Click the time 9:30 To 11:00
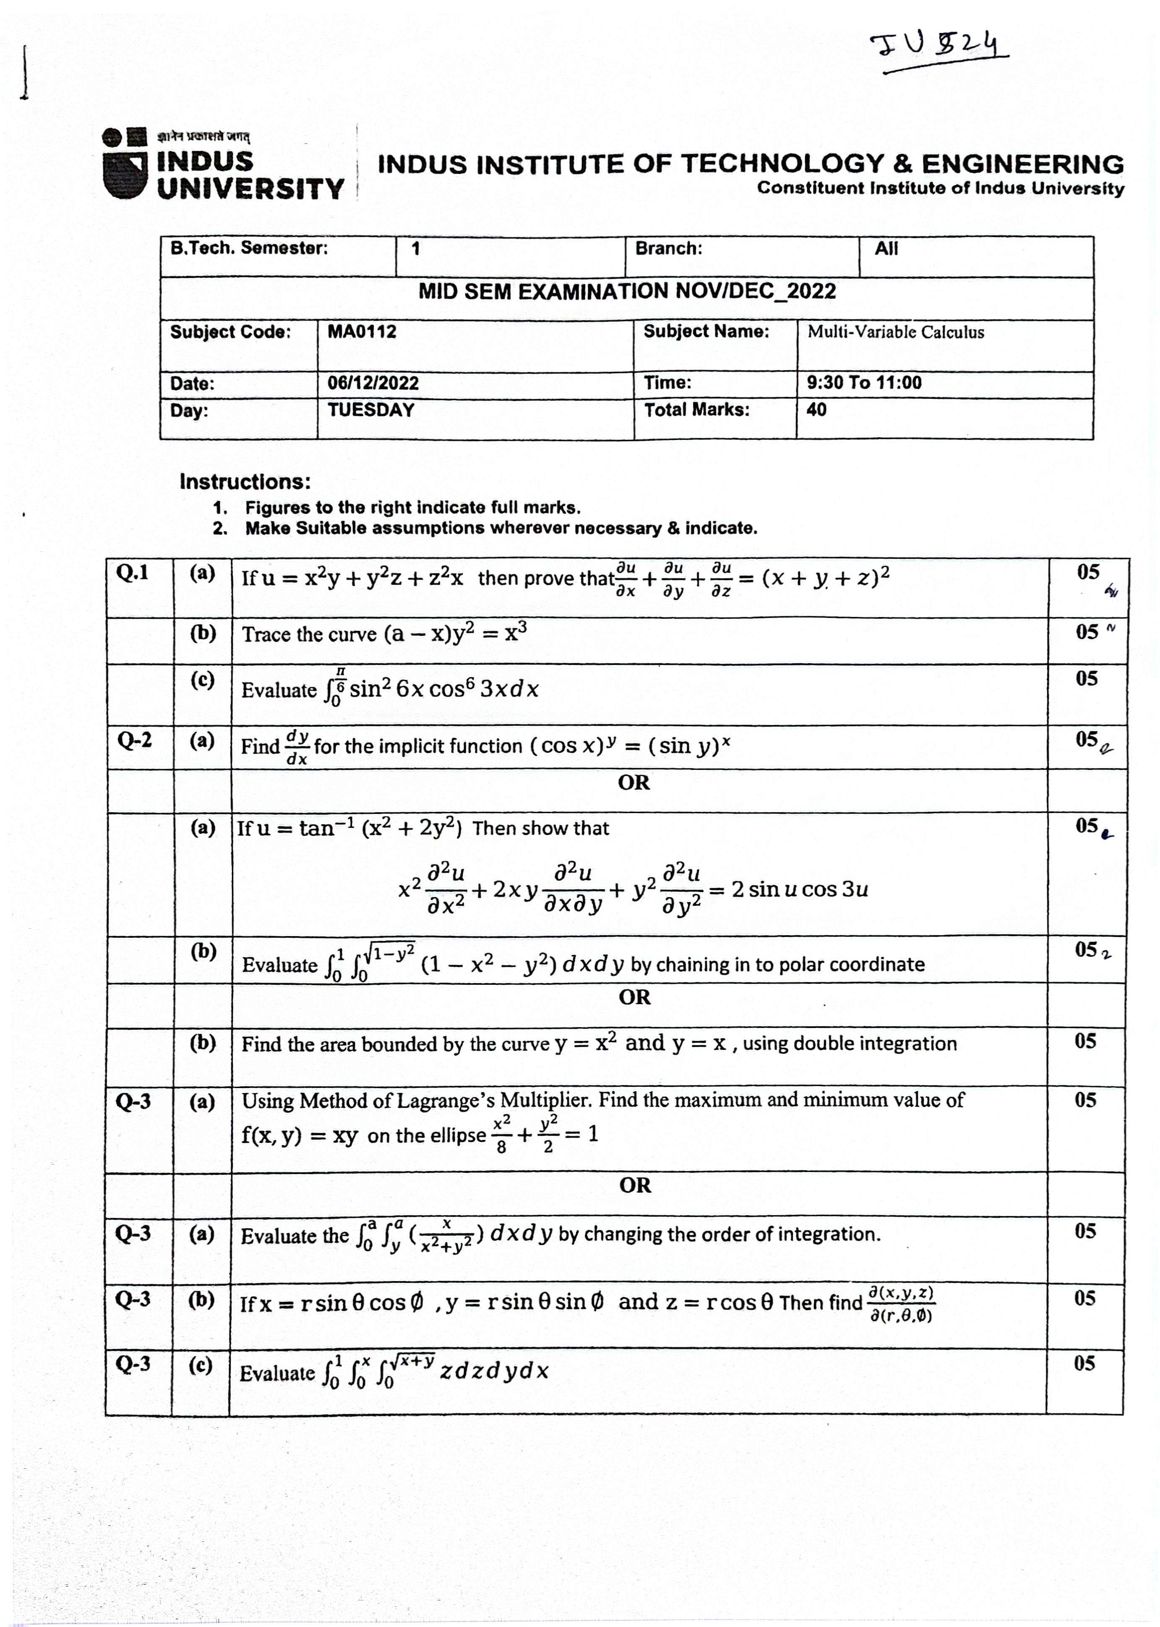(863, 383)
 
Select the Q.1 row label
(133, 573)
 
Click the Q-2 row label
(134, 740)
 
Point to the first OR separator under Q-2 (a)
(633, 783)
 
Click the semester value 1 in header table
(416, 249)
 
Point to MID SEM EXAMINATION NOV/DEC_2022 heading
(626, 292)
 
